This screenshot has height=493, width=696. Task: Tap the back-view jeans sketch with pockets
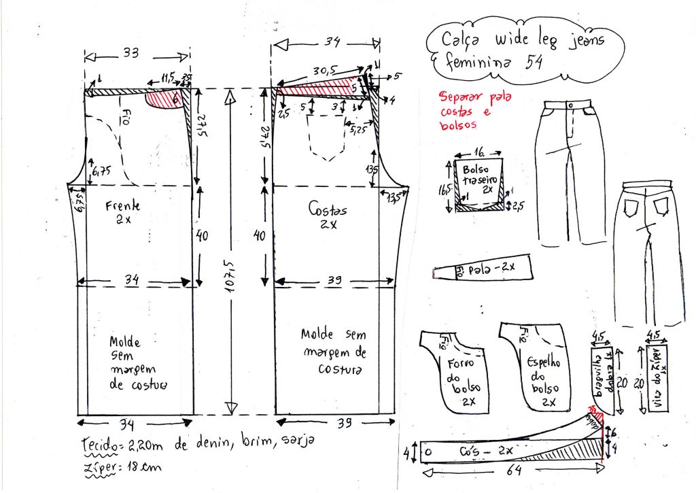(650, 252)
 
